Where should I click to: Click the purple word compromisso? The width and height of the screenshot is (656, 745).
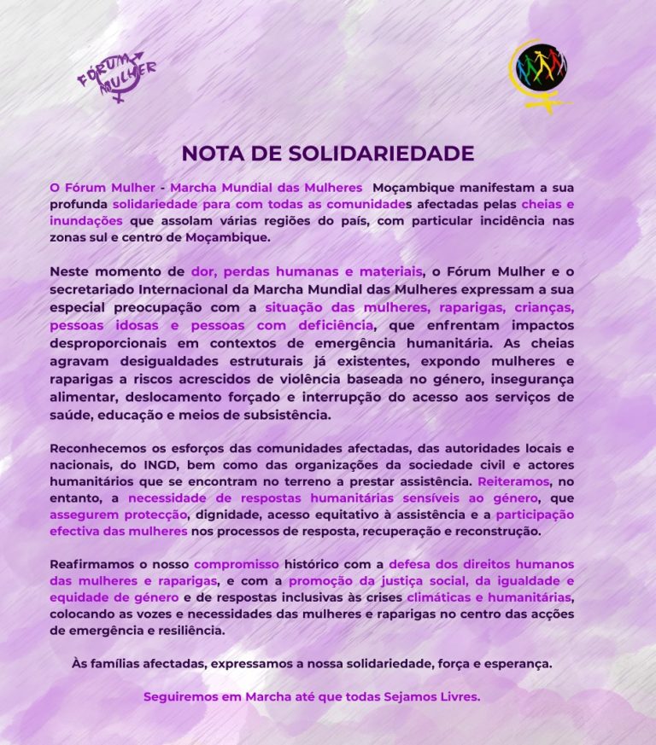point(237,565)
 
